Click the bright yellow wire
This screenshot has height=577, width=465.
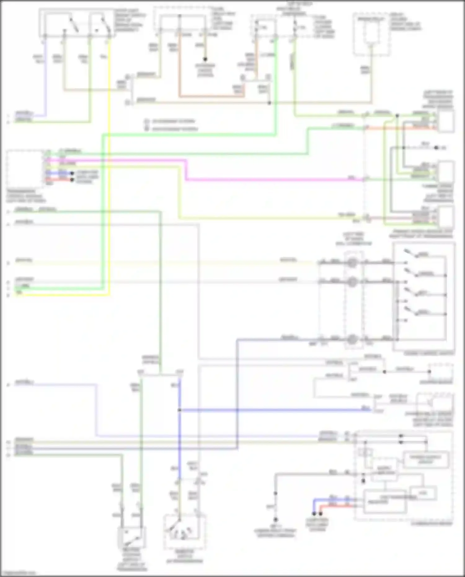coord(109,186)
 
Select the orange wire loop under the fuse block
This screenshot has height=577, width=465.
coord(211,96)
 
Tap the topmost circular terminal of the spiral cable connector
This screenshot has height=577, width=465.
coord(352,263)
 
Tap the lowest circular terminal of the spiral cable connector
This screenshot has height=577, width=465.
coord(352,340)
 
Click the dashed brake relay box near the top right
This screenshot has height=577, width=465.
coord(371,34)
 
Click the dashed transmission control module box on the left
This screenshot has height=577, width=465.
coord(25,169)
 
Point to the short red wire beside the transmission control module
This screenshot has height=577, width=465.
coord(59,180)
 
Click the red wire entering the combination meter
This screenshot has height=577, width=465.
coord(335,505)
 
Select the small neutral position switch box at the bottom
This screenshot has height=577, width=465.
coord(131,537)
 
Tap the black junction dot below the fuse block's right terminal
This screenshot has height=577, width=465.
coord(205,59)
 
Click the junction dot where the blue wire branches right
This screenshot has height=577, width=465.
coord(179,410)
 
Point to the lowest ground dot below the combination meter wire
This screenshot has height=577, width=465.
coord(275,520)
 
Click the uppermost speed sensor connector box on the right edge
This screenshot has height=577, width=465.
coord(446,121)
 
